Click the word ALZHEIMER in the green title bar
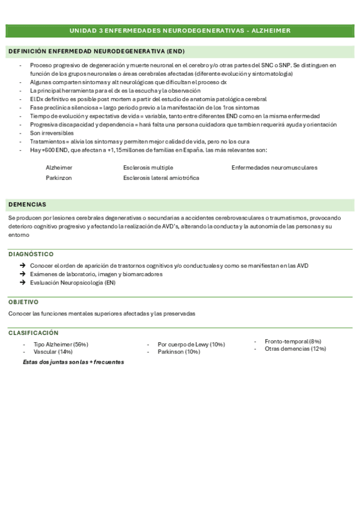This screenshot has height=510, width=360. click(269, 30)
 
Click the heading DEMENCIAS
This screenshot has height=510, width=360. click(27, 204)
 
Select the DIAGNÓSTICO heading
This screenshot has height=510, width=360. click(31, 254)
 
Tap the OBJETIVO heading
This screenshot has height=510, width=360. click(23, 302)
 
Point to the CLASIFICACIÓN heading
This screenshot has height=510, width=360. click(34, 333)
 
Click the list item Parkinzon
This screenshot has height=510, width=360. click(59, 178)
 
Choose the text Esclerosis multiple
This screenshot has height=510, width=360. click(148, 167)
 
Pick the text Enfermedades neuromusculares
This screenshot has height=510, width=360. click(274, 167)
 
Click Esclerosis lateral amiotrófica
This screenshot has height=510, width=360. click(161, 178)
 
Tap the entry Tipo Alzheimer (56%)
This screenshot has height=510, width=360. click(61, 345)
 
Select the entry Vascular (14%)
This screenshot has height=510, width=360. click(53, 351)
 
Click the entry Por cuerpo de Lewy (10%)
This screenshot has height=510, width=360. click(191, 345)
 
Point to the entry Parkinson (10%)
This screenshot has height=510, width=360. click(178, 351)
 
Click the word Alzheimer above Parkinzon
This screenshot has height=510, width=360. click(59, 167)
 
